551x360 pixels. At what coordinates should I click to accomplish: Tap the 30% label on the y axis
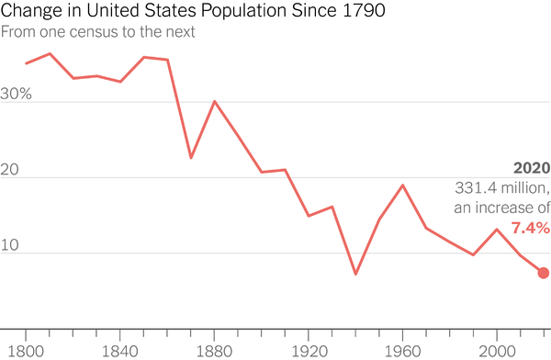tap(17, 94)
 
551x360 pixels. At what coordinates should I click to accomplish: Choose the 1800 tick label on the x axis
tap(26, 350)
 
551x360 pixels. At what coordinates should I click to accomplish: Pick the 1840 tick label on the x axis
tap(120, 350)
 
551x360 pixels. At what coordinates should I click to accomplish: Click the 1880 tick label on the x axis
tap(214, 350)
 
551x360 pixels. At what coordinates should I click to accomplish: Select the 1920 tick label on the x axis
tap(309, 350)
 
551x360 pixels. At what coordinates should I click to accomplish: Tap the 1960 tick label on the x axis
tap(402, 350)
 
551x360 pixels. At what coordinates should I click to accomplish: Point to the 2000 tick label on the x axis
tap(497, 350)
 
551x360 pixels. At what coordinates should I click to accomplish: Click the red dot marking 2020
tap(544, 273)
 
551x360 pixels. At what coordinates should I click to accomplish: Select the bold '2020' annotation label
tap(532, 169)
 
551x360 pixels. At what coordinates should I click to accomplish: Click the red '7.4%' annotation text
tap(530, 227)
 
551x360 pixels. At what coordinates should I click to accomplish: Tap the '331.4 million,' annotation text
tap(502, 188)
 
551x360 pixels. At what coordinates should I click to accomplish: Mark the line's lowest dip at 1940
tap(355, 274)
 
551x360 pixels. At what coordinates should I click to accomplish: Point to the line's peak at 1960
tap(402, 186)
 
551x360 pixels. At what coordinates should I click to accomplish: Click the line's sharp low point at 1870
tap(191, 158)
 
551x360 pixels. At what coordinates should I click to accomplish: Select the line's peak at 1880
tap(214, 101)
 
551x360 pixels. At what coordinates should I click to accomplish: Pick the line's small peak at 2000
tap(497, 230)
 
